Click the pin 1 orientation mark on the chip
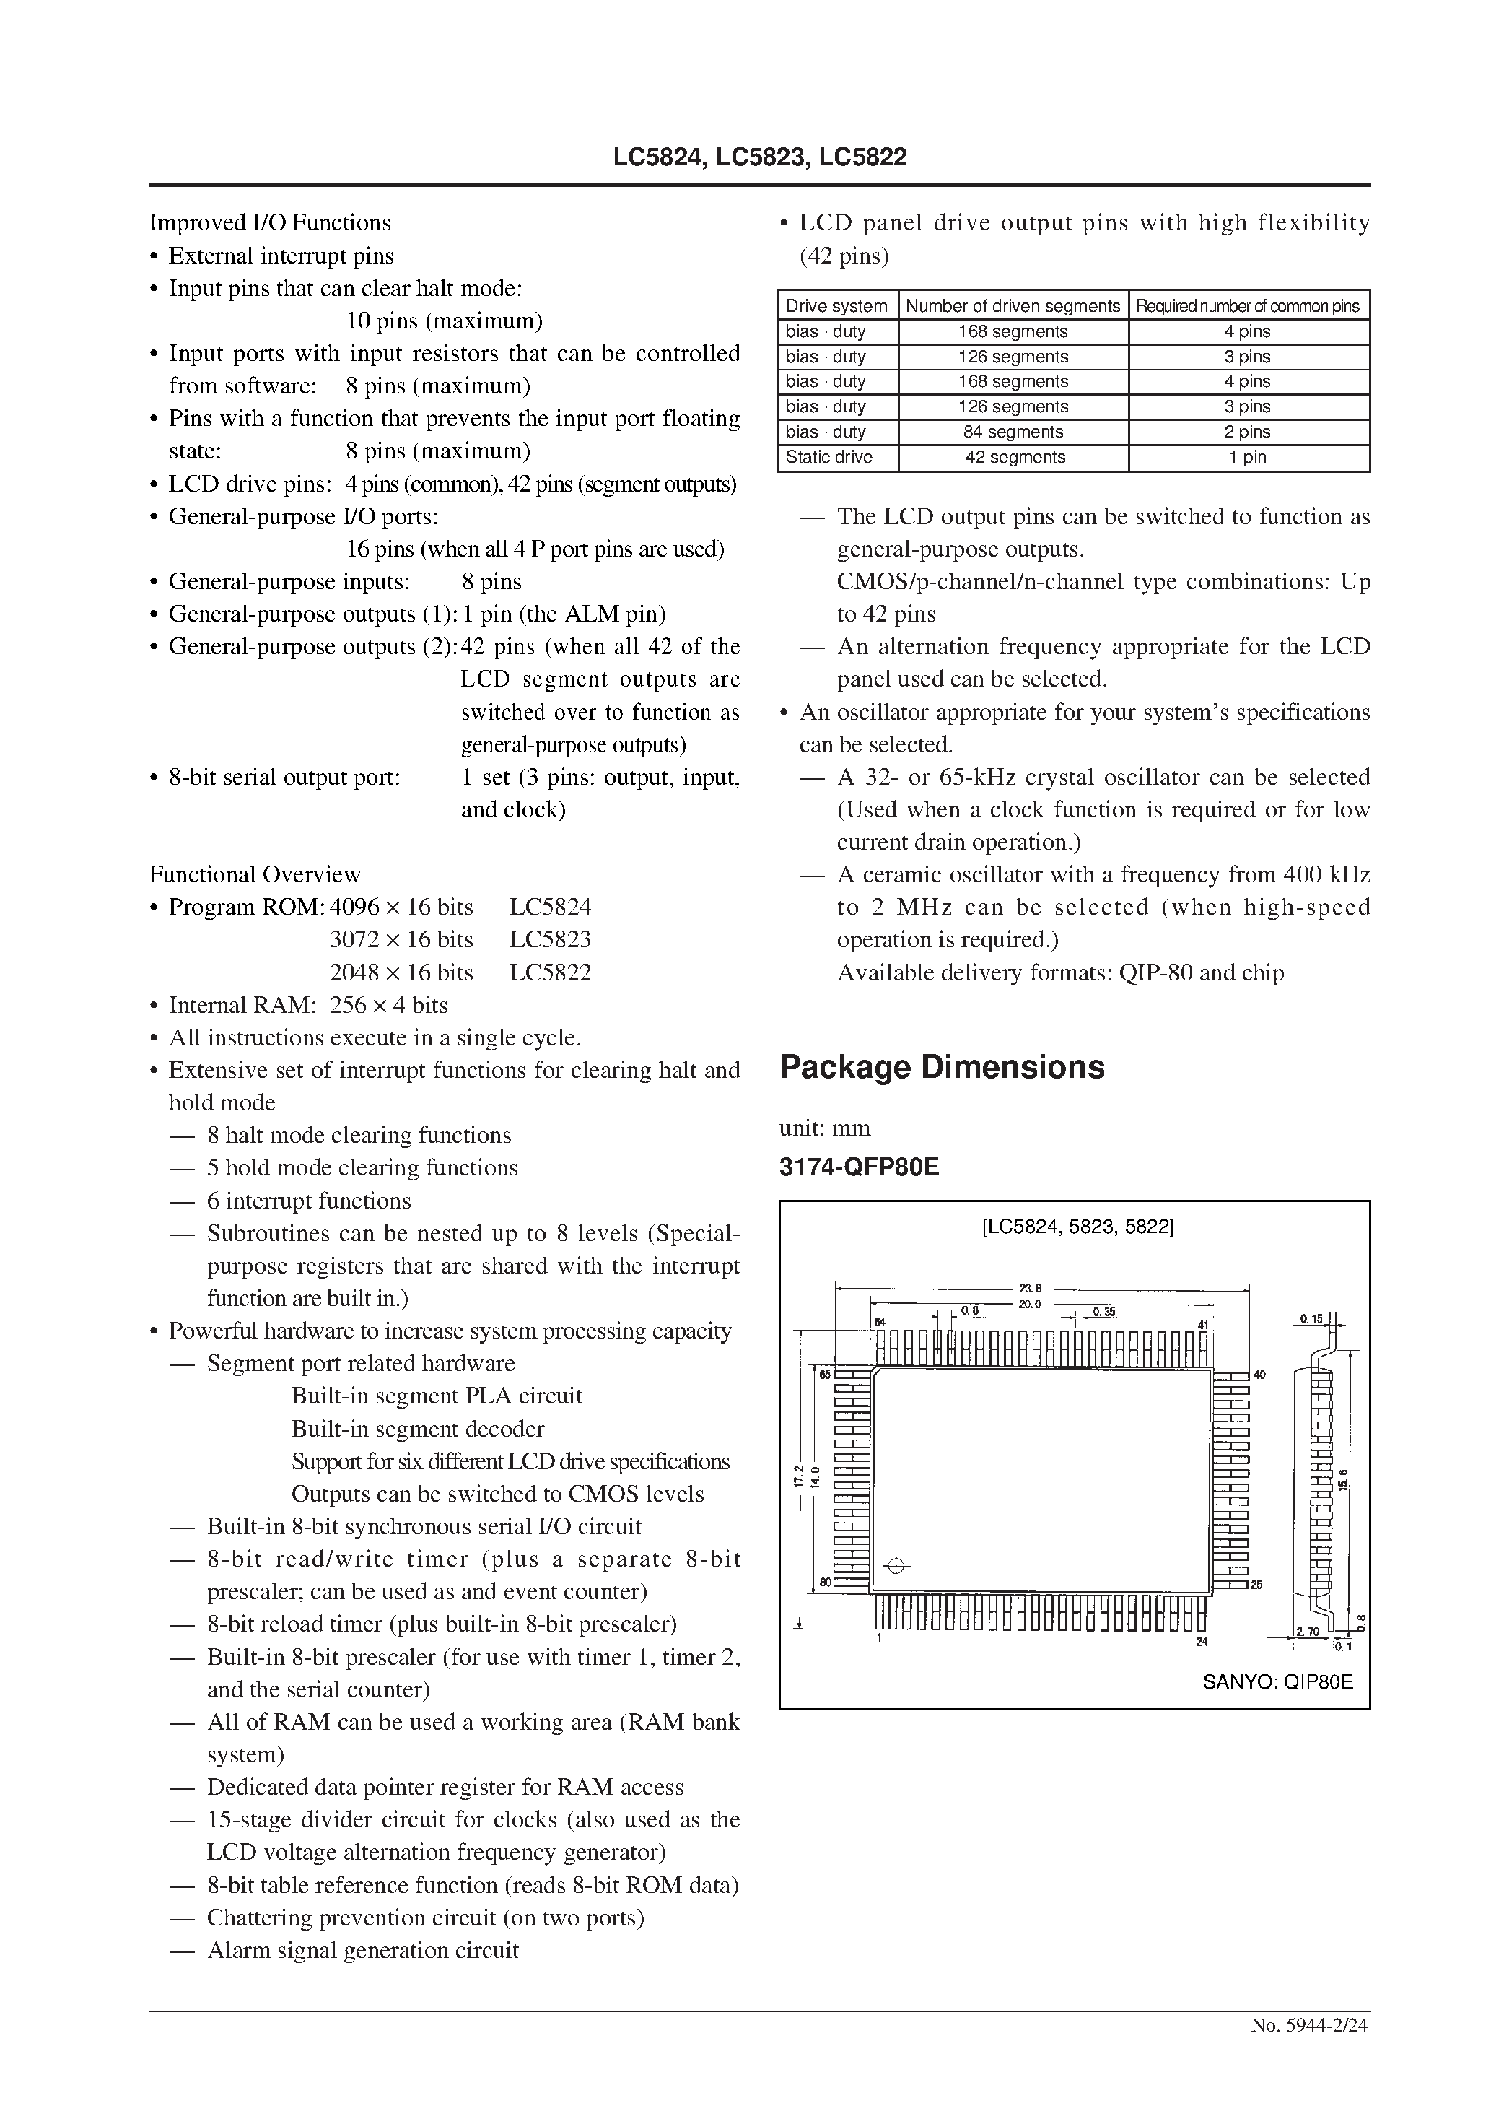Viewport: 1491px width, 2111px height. (896, 1566)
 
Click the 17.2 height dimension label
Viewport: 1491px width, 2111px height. (799, 1476)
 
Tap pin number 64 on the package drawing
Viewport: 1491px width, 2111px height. (880, 1322)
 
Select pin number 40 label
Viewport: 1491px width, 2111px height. (1259, 1375)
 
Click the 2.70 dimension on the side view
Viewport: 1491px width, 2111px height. (1306, 1631)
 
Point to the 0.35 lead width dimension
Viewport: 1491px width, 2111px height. (1103, 1312)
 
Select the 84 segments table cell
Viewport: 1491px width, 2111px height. (1014, 431)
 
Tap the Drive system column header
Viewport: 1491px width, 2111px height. (836, 306)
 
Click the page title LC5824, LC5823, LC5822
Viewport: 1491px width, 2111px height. (759, 157)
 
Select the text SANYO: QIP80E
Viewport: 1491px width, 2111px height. (1277, 1683)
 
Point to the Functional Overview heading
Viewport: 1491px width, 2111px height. (255, 874)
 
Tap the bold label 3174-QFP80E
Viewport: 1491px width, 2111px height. (859, 1167)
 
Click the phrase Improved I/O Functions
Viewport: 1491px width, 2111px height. (269, 222)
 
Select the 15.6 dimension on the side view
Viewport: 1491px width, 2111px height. (1343, 1479)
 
